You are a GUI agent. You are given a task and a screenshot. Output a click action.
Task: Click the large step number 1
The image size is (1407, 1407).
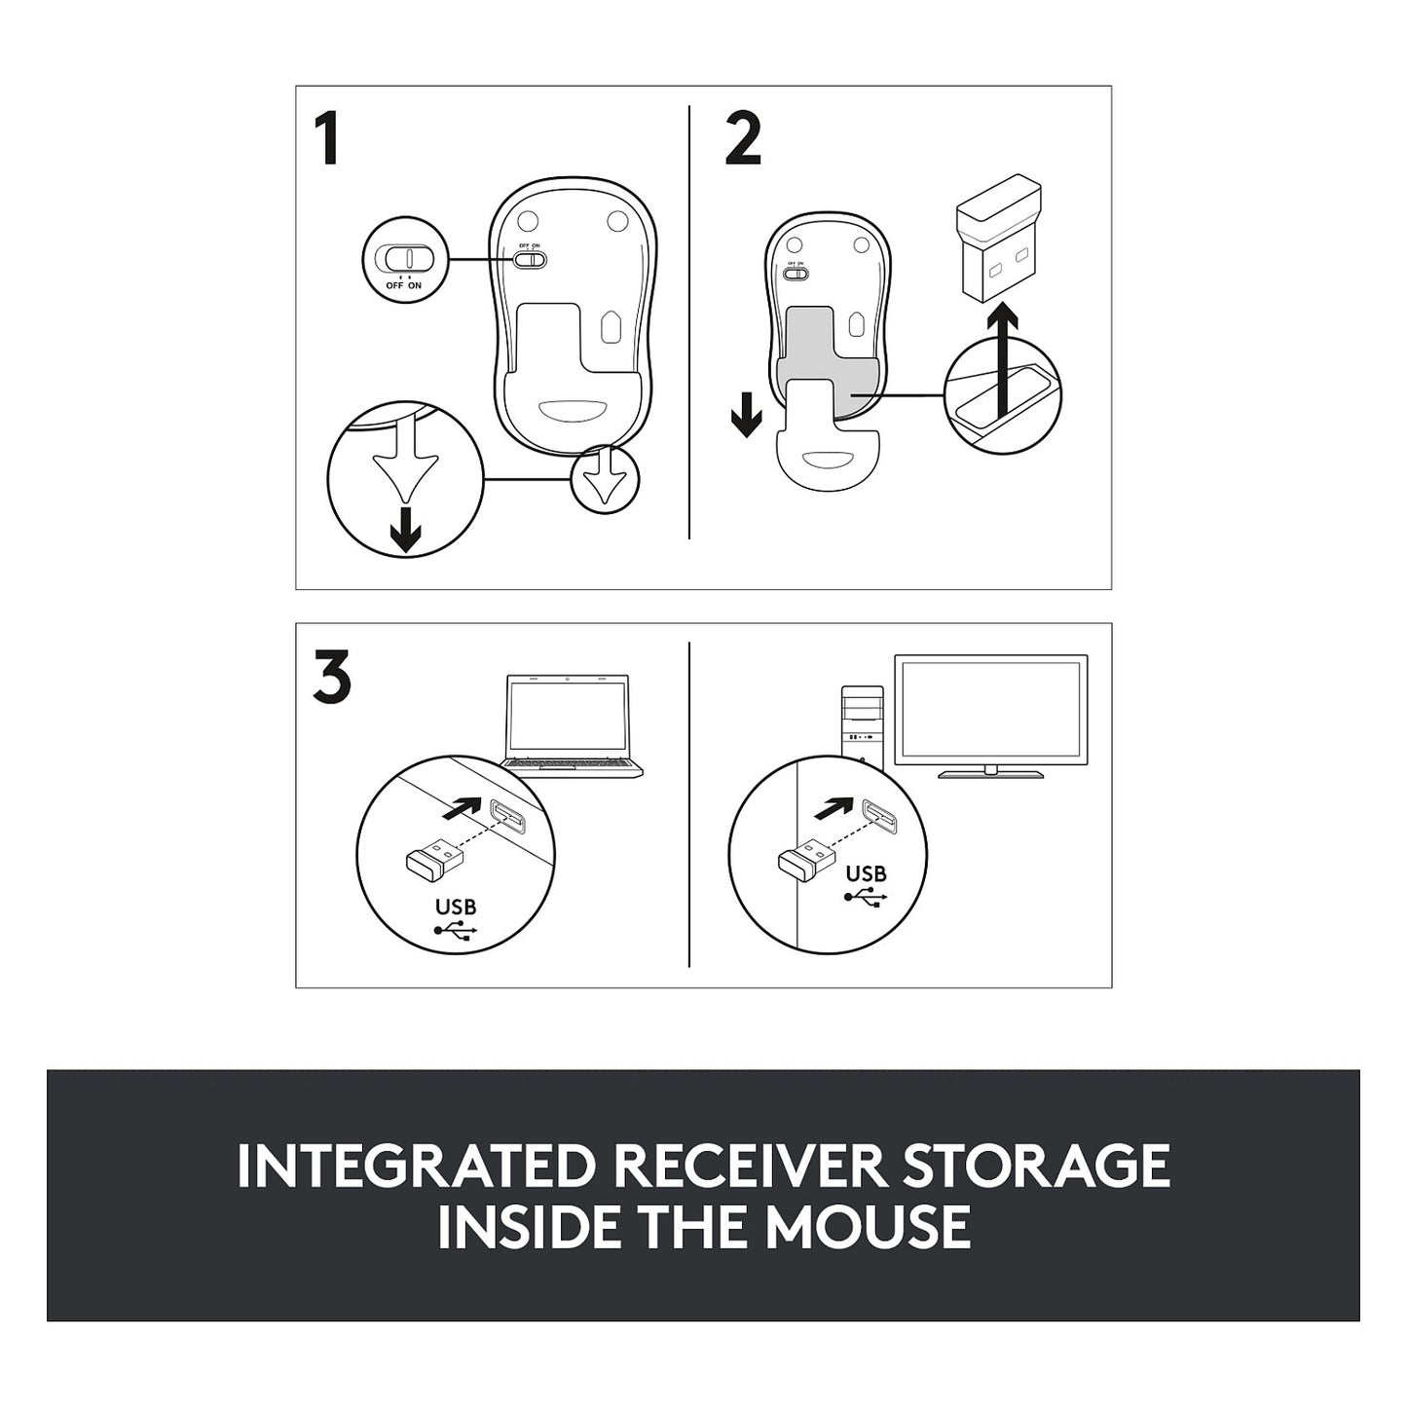click(x=327, y=138)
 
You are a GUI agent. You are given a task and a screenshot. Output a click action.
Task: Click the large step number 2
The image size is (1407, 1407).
click(x=743, y=138)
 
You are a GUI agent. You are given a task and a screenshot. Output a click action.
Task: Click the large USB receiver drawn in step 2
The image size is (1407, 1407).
click(x=998, y=238)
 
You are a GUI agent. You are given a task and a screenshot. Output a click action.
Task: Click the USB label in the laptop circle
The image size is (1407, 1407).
click(x=456, y=907)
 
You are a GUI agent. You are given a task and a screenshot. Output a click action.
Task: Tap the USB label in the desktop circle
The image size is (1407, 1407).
click(x=867, y=873)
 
